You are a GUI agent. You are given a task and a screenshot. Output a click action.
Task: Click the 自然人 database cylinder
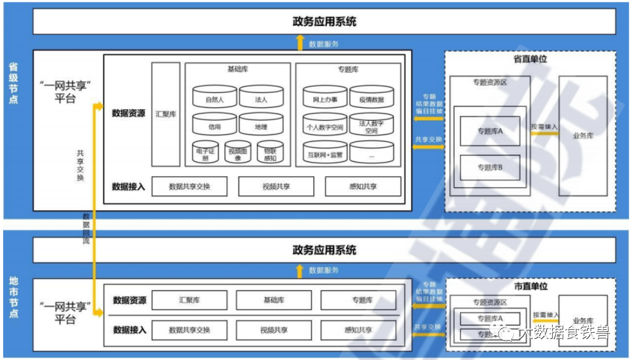tap(214, 99)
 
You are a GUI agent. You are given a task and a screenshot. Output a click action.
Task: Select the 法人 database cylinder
tap(261, 99)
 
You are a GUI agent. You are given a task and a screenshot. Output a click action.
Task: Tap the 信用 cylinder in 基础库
tap(214, 126)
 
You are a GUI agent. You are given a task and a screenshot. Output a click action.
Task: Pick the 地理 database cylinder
tap(261, 126)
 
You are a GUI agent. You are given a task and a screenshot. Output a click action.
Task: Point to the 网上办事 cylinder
tap(325, 99)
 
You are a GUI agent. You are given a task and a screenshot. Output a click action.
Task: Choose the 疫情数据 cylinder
tap(371, 99)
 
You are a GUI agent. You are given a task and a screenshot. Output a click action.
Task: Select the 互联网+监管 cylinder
tap(325, 153)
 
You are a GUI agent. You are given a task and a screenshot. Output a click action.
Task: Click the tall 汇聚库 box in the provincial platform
tap(166, 115)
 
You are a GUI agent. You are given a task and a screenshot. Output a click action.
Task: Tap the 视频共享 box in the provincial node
tap(276, 186)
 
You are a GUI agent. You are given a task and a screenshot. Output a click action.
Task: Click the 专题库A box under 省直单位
tap(490, 131)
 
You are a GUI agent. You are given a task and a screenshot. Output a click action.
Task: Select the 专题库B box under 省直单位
tap(490, 167)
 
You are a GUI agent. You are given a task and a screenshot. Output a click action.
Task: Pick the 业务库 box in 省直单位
tap(582, 136)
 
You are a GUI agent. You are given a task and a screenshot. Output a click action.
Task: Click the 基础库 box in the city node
tap(273, 300)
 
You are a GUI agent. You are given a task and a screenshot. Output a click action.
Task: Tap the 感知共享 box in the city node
tap(358, 330)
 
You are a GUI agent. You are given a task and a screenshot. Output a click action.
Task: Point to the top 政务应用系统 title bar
tap(324, 22)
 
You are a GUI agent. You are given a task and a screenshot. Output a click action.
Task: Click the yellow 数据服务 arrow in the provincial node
tap(300, 43)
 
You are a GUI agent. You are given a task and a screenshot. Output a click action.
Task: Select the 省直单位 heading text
tap(530, 59)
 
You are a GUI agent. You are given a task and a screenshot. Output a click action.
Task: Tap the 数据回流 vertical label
tap(86, 228)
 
